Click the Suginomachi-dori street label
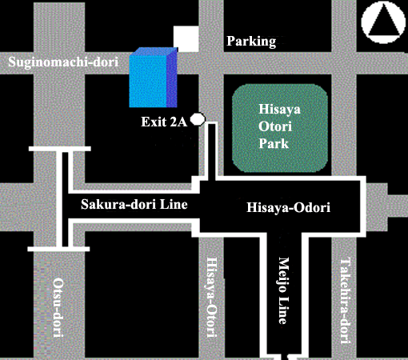point(63,62)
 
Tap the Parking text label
point(251,42)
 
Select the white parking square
point(186,38)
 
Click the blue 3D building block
point(154,78)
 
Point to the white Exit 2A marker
point(198,119)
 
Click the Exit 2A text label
point(164,122)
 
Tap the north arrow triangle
point(383,22)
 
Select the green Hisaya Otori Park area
point(280,128)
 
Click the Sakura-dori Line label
point(134,204)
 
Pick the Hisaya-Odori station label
point(288,207)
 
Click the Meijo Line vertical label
point(284,290)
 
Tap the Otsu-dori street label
point(58,308)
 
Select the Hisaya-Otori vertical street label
point(212,298)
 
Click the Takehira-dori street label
point(345,301)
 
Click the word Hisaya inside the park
point(279,110)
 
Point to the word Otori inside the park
point(275,126)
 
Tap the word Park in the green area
point(274,143)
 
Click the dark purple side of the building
point(172,78)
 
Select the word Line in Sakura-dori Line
point(174,204)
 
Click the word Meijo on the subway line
point(284,274)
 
